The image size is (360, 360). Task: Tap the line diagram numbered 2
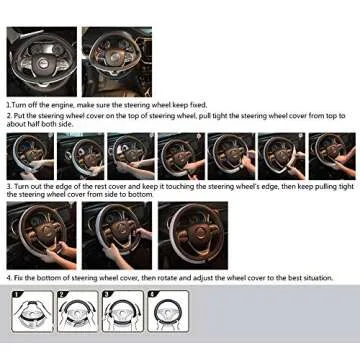click(77, 311)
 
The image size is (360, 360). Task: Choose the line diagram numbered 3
click(123, 311)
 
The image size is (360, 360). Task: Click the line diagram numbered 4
click(169, 311)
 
